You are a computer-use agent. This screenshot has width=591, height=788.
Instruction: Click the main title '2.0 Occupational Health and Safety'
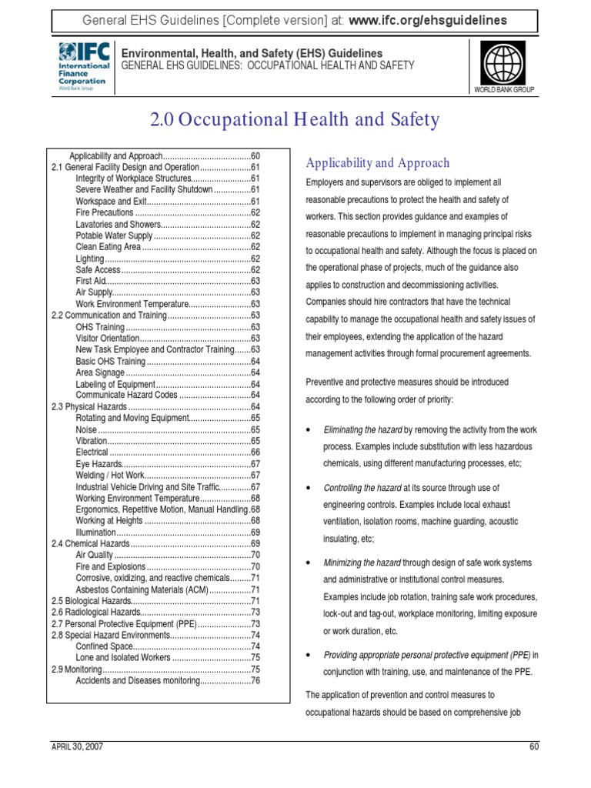[295, 120]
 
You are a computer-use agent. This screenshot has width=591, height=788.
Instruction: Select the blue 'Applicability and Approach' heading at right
[377, 163]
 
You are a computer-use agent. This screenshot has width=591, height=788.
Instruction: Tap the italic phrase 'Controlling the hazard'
[362, 488]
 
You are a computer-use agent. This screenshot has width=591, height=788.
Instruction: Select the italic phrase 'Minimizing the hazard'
[362, 563]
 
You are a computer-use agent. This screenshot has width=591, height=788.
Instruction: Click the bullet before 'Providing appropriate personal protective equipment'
[309, 655]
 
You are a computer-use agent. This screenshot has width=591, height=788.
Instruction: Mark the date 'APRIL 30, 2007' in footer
[77, 746]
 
